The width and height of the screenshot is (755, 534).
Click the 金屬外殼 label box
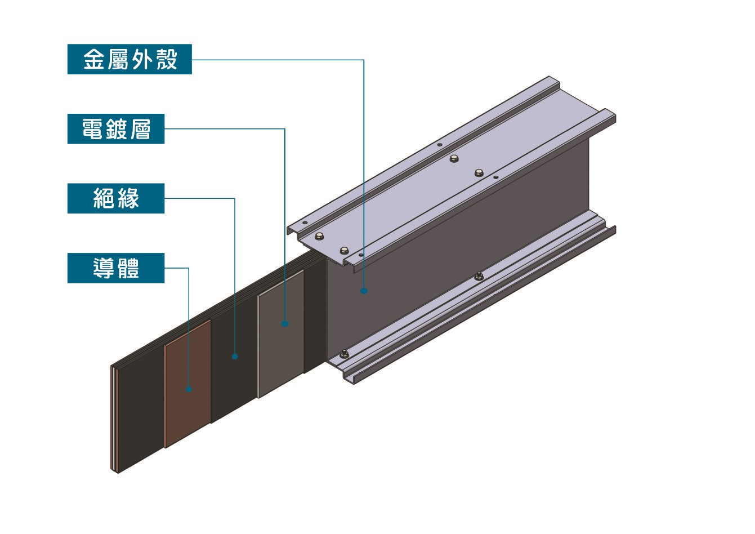point(129,59)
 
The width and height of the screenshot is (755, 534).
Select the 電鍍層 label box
point(116,129)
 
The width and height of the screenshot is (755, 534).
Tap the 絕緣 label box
point(116,198)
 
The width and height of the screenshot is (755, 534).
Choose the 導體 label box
point(116,268)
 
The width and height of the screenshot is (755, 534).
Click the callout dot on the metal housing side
point(364,291)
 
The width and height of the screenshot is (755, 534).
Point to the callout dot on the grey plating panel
point(285,324)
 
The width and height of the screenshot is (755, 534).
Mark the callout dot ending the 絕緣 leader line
point(235,357)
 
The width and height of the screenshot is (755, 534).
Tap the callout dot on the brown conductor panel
point(189,389)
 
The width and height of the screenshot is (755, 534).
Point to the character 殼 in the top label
point(167,59)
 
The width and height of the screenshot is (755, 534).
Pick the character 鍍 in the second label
point(116,129)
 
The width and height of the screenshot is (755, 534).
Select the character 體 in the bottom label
point(128,268)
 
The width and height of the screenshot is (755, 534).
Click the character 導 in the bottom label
point(104,268)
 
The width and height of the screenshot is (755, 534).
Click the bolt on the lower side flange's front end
point(344,354)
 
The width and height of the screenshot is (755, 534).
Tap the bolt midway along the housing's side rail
point(479,275)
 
